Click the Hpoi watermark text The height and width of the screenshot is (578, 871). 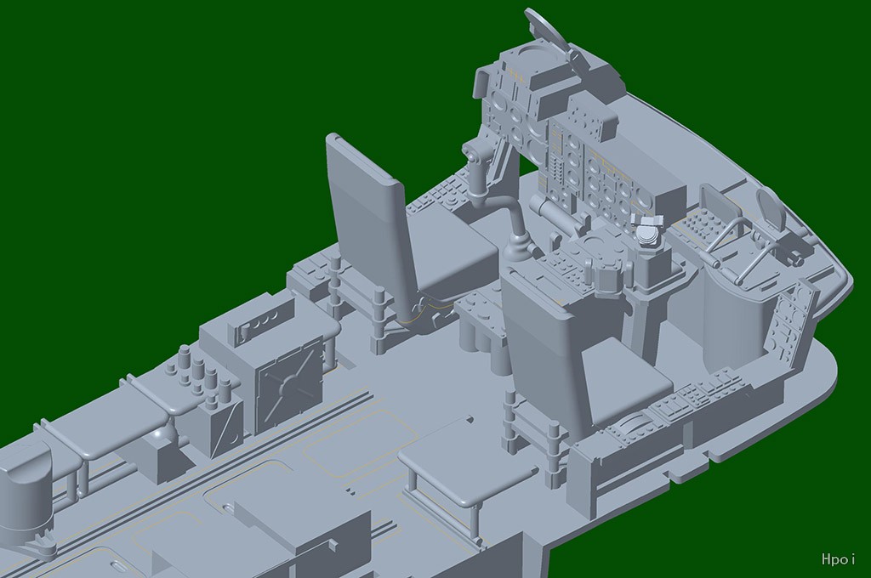click(838, 558)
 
